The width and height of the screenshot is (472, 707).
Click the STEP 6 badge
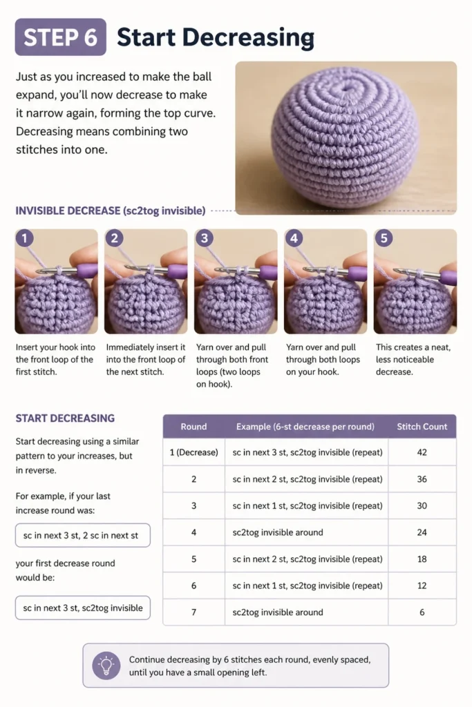tap(60, 37)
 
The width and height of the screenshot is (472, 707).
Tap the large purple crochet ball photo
tap(346, 137)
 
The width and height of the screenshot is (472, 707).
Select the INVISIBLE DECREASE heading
tap(110, 211)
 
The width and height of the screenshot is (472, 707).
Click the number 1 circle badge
tap(24, 238)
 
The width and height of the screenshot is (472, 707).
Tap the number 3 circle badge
tap(205, 238)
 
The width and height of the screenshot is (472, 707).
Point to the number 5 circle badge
tap(384, 238)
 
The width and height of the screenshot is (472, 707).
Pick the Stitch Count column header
tap(422, 427)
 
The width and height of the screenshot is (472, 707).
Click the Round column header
tap(193, 427)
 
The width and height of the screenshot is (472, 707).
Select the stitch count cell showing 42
tap(422, 452)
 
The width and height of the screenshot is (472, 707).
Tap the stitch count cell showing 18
tap(422, 559)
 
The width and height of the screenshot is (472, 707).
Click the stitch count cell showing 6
tap(422, 612)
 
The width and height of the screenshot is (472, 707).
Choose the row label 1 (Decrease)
tap(193, 452)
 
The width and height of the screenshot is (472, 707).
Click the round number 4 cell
tap(193, 532)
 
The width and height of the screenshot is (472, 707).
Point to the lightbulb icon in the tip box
tap(106, 666)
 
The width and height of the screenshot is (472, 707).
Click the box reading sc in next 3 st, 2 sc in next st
tap(82, 535)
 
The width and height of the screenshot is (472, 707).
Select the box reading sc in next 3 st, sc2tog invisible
tap(82, 608)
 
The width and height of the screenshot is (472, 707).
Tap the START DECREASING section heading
tap(65, 418)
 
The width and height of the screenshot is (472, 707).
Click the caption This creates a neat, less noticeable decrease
tap(413, 359)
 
